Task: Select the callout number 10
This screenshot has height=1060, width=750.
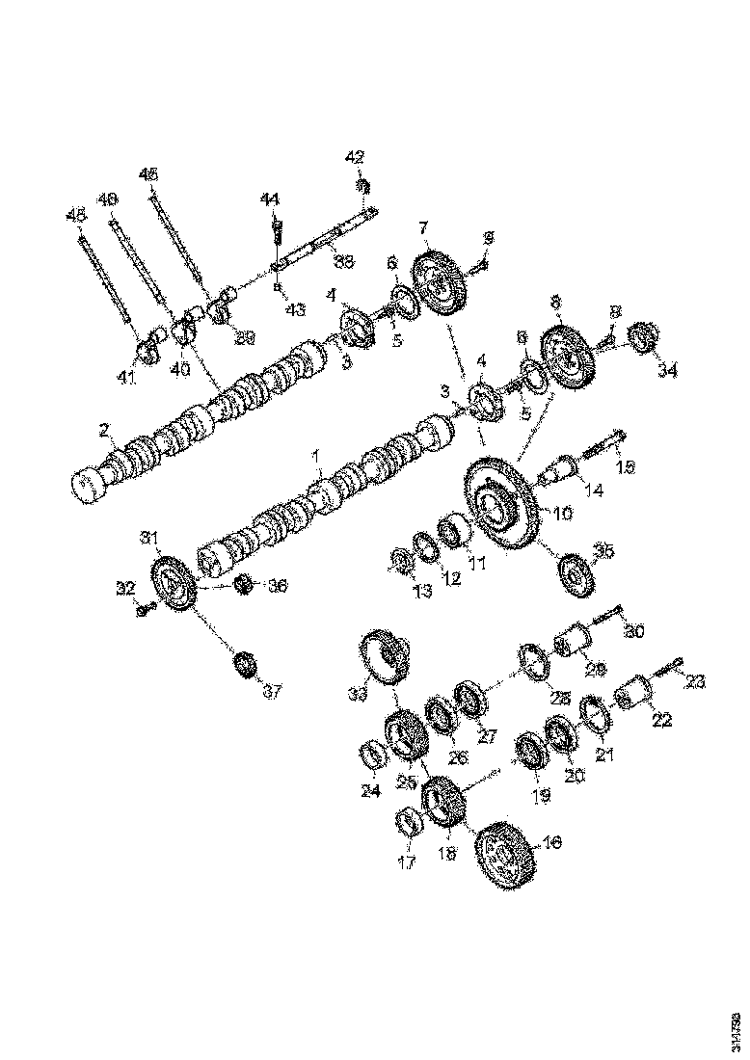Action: [561, 513]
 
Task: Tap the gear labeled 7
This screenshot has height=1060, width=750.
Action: [441, 283]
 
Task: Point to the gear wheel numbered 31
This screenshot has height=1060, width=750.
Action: [174, 584]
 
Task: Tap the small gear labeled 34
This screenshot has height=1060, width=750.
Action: [643, 339]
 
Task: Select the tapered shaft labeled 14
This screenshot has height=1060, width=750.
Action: [561, 473]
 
